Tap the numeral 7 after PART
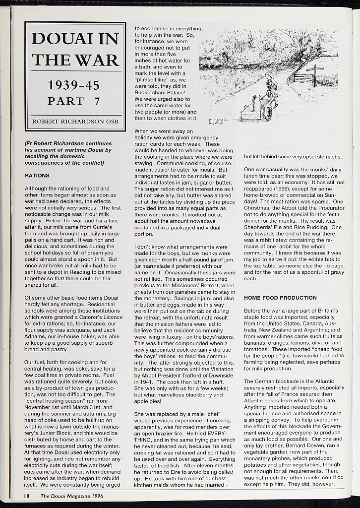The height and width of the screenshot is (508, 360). (97, 101)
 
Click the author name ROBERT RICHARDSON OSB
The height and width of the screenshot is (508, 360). (74, 122)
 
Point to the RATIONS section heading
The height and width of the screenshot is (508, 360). (37, 176)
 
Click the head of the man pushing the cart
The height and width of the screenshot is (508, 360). (267, 76)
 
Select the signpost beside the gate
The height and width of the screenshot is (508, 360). (314, 74)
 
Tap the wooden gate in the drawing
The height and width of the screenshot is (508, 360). (301, 77)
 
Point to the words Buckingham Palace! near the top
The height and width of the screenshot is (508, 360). (160, 92)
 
